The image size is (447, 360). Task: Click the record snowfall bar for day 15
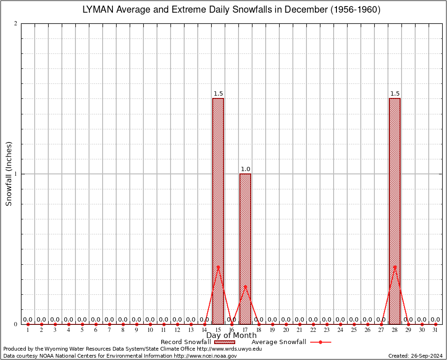coord(218,211)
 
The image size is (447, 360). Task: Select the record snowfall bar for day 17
coord(245,248)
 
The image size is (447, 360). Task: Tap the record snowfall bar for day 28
coord(395,211)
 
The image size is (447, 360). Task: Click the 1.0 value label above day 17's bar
coord(246,169)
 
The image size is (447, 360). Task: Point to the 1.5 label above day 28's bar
coord(395,94)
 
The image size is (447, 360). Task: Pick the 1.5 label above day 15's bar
coord(218,94)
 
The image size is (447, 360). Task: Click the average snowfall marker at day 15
coord(218,267)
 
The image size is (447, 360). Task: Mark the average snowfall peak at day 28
coord(395,267)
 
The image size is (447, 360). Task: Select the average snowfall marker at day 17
coord(245,286)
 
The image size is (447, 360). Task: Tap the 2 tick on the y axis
coord(16,24)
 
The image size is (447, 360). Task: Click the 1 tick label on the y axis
coord(16,174)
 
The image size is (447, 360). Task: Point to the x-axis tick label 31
coord(436,330)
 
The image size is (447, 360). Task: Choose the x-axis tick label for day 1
coord(28,330)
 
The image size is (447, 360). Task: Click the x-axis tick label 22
coord(313,330)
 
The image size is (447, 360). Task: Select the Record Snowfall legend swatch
coord(224,342)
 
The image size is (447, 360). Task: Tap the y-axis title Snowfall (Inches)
coord(8,174)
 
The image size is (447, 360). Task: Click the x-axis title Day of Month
coord(231,336)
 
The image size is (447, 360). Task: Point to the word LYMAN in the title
coord(97,9)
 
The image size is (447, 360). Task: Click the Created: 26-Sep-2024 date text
coord(415,356)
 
